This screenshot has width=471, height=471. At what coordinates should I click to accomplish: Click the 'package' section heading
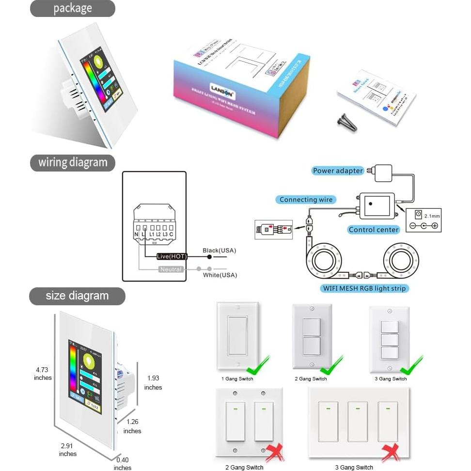pos(72,9)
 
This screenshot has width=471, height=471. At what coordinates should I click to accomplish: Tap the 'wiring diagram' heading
pos(73,162)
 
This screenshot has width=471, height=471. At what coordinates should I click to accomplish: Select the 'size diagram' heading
pos(77,296)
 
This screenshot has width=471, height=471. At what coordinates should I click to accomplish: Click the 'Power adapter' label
pos(338,171)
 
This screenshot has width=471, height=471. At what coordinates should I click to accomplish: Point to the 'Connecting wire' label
pos(306,200)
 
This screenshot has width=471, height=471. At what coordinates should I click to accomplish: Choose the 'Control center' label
pos(374,230)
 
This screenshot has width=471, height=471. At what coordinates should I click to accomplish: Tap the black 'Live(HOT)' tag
pos(172,256)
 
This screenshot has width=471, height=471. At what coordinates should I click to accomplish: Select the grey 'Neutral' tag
pos(171,269)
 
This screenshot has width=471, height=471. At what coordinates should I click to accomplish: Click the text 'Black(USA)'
pos(220,251)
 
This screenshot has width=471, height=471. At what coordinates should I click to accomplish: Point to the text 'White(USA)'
pos(220,275)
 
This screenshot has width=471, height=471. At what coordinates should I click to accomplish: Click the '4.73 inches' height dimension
pos(43,374)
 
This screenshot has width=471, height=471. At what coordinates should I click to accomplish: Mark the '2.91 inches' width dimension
pos(68,449)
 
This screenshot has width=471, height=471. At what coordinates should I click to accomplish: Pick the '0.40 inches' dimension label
pos(123,463)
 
